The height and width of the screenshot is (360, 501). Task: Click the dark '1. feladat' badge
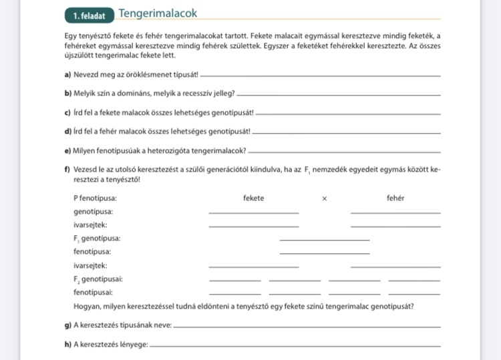[x=88, y=15]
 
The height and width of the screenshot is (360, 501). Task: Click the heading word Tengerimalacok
[x=158, y=13]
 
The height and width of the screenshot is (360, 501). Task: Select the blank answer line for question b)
[x=339, y=94]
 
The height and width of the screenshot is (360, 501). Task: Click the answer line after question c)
[x=348, y=114]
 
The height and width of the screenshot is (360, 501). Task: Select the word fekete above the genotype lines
[x=253, y=198]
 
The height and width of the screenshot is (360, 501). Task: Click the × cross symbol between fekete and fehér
[x=324, y=198]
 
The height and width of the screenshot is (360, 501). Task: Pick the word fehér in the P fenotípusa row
[x=395, y=198]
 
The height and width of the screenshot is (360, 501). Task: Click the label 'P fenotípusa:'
[x=95, y=198]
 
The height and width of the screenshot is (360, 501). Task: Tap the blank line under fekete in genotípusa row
[x=253, y=213]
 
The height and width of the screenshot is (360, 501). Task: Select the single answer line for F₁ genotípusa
[x=324, y=240]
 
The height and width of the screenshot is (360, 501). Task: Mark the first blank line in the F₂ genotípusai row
[x=234, y=281]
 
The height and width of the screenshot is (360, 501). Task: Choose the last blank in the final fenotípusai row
[x=413, y=294]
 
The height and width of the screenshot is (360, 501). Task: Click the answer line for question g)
[x=307, y=327]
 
